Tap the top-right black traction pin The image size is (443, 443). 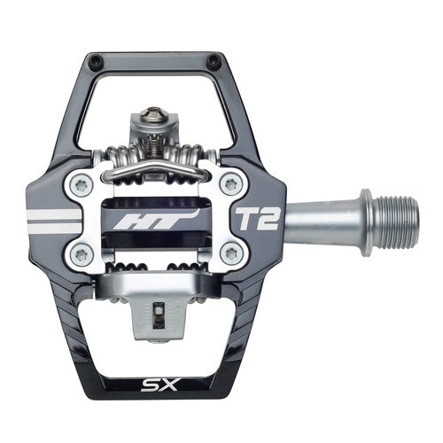tap(213, 60)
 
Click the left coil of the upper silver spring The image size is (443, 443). tap(122, 155)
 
